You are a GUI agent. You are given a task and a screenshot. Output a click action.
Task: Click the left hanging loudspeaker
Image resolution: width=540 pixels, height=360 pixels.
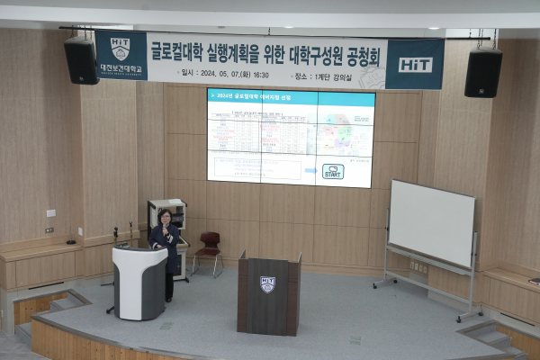click(x=81, y=60)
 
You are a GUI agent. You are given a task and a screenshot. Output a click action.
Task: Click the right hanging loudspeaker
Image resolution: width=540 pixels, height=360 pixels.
click(x=483, y=72)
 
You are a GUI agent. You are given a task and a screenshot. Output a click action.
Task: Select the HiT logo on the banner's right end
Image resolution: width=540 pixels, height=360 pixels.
click(x=415, y=64)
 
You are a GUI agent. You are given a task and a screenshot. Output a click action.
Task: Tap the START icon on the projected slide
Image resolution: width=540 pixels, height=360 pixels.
click(x=333, y=171)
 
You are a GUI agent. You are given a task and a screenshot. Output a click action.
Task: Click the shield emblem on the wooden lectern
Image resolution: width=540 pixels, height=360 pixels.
click(x=267, y=284)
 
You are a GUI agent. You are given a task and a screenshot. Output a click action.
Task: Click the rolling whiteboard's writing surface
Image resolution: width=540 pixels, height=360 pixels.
click(x=431, y=222)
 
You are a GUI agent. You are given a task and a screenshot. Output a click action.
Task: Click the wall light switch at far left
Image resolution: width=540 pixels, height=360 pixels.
click(x=50, y=213)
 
